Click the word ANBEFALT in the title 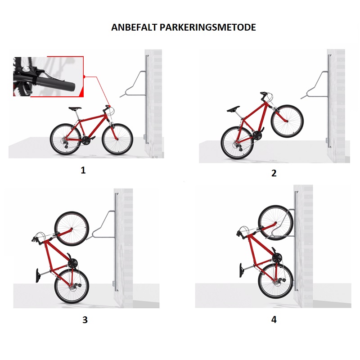[134, 27]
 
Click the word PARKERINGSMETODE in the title [208, 27]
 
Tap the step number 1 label [83, 170]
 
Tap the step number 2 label [274, 173]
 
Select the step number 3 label [85, 319]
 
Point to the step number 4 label [274, 319]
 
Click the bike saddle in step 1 [75, 108]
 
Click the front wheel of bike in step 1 [117, 139]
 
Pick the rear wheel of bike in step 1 [66, 139]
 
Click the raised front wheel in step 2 [287, 121]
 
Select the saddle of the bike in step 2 [233, 109]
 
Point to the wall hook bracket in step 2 [315, 85]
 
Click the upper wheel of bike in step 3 [72, 229]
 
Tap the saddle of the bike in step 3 [38, 275]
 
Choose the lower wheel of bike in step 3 [72, 286]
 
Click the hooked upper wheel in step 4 [276, 223]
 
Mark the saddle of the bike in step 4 [242, 270]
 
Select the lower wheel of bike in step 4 [276, 281]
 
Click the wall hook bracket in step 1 [133, 84]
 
